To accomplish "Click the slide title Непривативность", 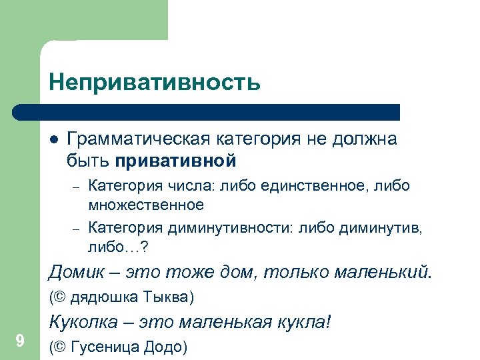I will point(154,83).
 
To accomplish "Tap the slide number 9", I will point(20,342).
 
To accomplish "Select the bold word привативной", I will point(176,161).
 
